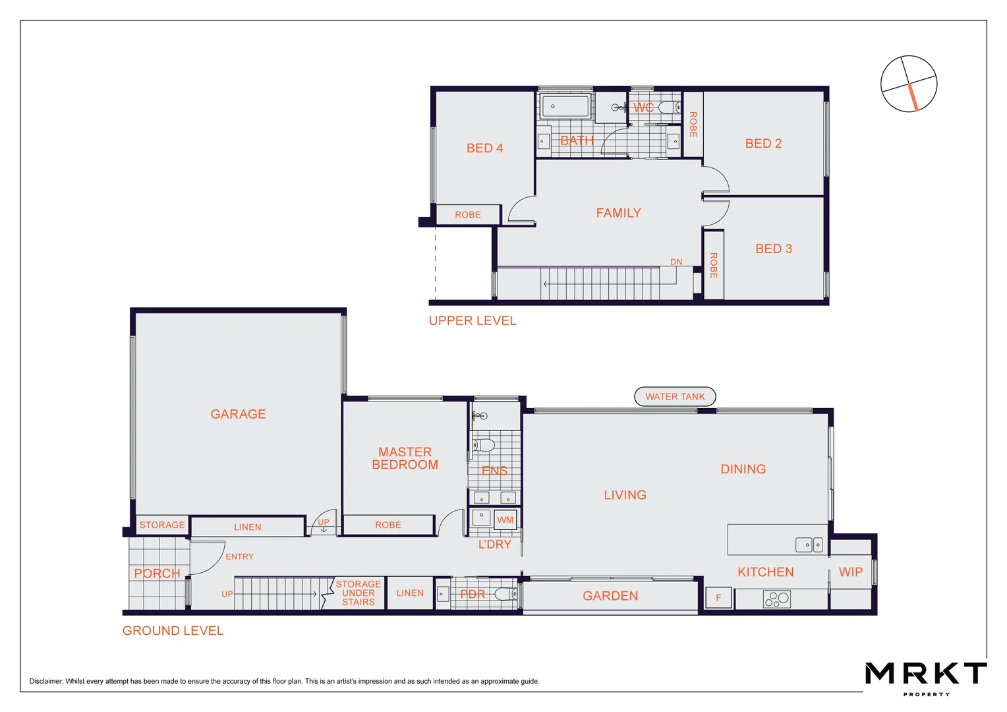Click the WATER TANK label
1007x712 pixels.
pos(675,396)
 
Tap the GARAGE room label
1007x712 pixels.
pos(238,414)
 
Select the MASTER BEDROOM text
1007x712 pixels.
pos(405,458)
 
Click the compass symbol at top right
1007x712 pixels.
pos(909,84)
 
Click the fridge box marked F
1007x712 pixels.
pos(718,597)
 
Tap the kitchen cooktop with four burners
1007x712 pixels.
pos(776,599)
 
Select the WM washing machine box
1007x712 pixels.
pos(505,519)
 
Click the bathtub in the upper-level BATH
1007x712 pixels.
pos(565,105)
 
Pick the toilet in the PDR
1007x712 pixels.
pos(505,595)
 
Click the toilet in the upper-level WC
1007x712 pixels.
pos(668,107)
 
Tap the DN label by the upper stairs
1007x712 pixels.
pos(676,262)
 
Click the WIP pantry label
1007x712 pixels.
pos(850,572)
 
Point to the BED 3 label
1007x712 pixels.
pos(773,249)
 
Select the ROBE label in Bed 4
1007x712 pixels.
pos(467,215)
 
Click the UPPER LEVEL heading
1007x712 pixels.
pos(473,321)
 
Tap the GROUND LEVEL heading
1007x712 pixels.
pos(173,631)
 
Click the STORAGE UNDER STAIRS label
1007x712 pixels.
pos(358,593)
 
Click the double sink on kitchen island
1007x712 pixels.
pos(809,545)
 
